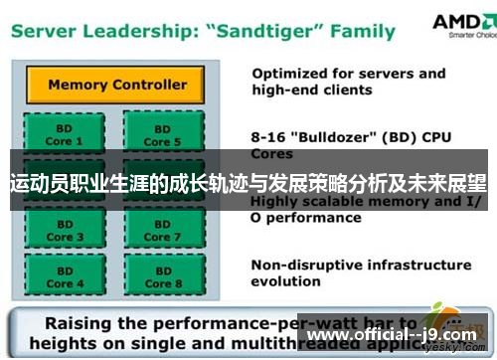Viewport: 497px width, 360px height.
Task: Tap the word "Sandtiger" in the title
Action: coord(261,30)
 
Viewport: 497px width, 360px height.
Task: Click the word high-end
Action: coord(288,90)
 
